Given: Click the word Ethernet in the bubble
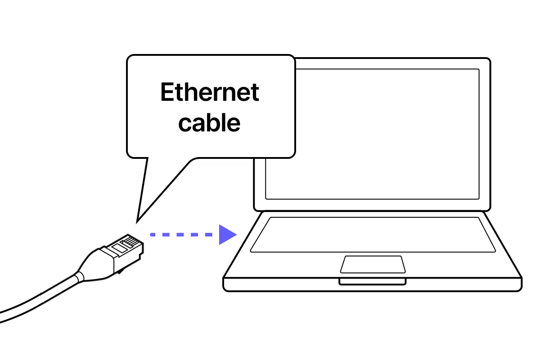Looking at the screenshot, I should click(209, 93).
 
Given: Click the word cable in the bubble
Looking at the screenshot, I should click(209, 122).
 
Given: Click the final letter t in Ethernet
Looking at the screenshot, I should click(255, 93).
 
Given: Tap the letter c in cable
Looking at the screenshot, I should click(184, 124).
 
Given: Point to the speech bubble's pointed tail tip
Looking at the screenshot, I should click(139, 217).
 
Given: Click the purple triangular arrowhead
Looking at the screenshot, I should click(227, 234).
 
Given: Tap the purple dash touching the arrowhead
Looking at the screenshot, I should click(208, 234).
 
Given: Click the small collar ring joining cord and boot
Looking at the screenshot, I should click(79, 277).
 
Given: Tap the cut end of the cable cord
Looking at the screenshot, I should click(41, 298).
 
